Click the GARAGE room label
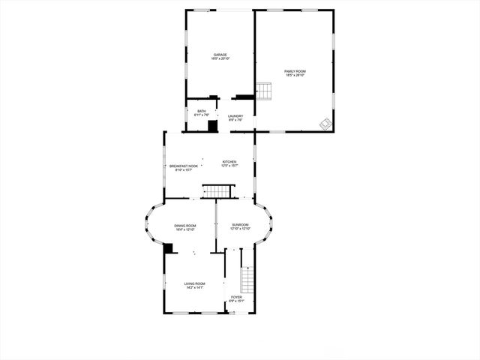pos(220,54)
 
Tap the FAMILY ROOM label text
pos(295,71)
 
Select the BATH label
pos(202,111)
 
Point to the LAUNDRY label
pos(235,115)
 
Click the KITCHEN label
pos(229,161)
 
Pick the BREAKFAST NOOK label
pos(184,166)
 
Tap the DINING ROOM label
pos(185,225)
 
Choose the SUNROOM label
pos(240,224)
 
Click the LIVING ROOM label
pos(194,283)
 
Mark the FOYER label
pos(236,298)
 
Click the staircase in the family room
pos(263,91)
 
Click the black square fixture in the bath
pos(212,126)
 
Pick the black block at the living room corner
pos(168,248)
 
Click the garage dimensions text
pos(220,58)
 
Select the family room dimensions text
pos(295,76)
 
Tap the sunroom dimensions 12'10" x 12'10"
pos(240,229)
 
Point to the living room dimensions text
pos(194,287)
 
